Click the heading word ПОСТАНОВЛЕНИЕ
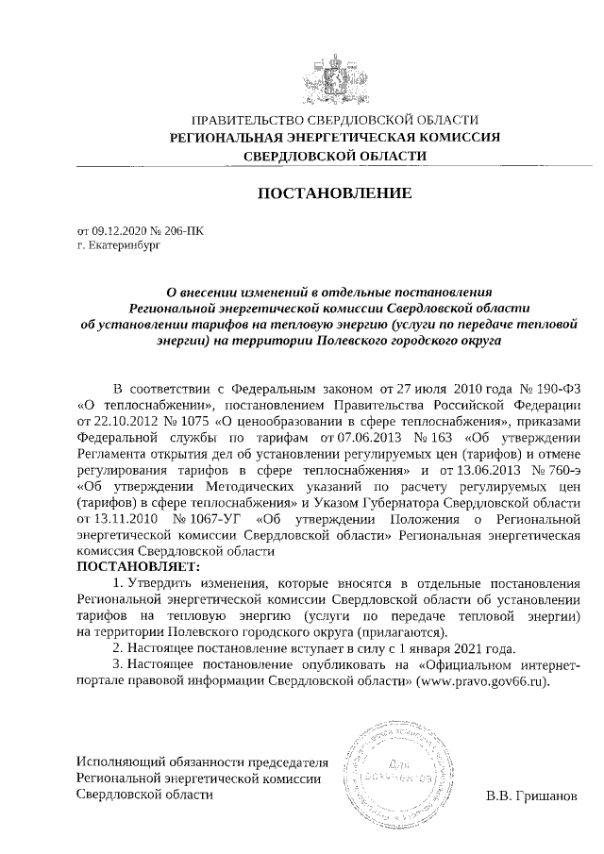pyautogui.click(x=335, y=194)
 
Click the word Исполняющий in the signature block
pyautogui.click(x=114, y=761)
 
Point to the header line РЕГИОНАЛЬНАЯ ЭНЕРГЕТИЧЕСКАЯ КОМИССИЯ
pyautogui.click(x=334, y=138)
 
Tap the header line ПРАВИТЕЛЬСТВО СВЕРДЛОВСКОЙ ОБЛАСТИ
pyautogui.click(x=334, y=121)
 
